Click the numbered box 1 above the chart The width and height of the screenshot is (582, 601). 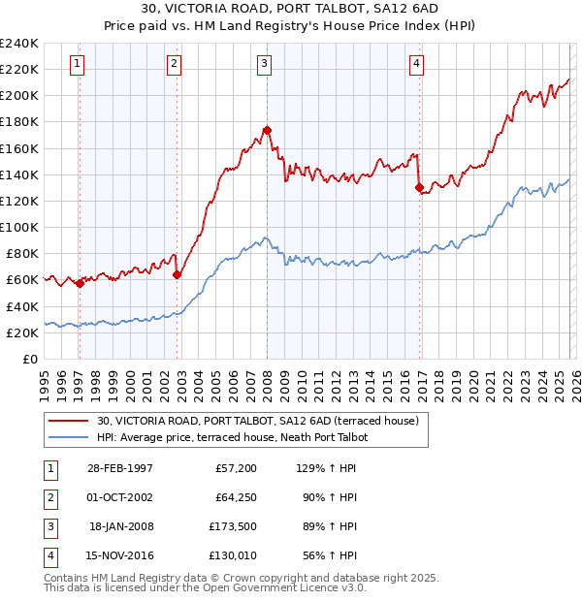point(77,64)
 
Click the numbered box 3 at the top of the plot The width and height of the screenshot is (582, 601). point(264,64)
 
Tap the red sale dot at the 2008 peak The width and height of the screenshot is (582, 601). point(267,130)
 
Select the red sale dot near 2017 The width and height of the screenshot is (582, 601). point(419,187)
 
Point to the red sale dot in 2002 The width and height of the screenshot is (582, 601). point(177,274)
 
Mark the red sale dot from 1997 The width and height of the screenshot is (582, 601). point(80,283)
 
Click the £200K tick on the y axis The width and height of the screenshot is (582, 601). point(19,95)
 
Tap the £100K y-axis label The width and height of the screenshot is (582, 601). point(19,227)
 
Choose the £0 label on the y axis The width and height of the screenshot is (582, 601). point(29,359)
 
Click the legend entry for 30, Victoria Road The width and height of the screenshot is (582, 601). point(257,421)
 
